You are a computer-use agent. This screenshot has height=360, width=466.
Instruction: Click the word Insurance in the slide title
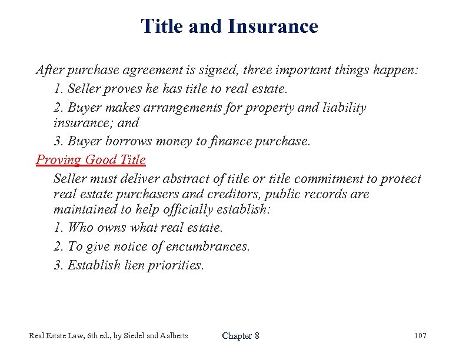(272, 26)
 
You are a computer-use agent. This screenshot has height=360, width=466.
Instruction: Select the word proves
(121, 89)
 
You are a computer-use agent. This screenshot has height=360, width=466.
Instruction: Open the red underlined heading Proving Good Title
(91, 159)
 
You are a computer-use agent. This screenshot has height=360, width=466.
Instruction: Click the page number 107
(420, 336)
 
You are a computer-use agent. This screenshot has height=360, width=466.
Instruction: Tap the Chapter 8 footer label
(241, 336)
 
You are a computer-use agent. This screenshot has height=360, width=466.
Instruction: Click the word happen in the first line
(395, 70)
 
